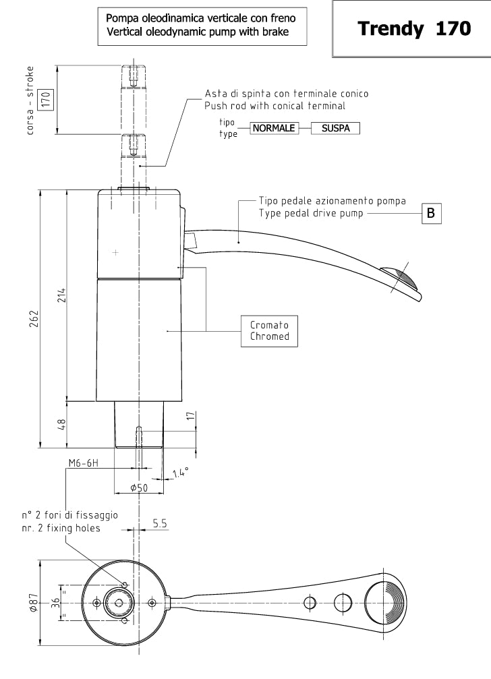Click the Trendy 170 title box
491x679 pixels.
point(413,29)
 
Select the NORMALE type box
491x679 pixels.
point(274,128)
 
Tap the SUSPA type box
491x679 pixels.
point(335,128)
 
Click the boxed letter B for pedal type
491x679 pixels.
point(432,214)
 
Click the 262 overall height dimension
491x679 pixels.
point(32,318)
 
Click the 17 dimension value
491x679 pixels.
point(190,417)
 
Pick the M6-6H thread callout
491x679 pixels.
point(84,463)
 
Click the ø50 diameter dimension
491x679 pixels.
point(139,488)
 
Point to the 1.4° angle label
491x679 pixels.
point(179,473)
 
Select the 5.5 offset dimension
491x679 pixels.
point(160,523)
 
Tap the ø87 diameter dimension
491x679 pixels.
point(32,603)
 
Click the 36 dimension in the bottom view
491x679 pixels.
point(56,603)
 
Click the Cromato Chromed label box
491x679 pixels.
point(269,330)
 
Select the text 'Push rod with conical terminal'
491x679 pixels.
point(275,106)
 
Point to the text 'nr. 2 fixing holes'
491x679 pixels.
point(61,528)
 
